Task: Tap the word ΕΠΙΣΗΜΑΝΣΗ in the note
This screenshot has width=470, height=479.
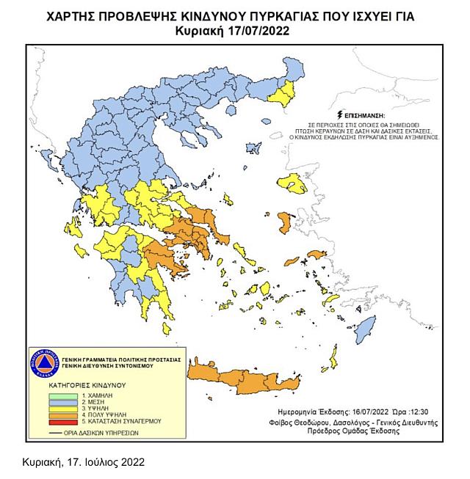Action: coord(362,116)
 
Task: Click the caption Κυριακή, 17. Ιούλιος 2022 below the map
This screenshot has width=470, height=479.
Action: coord(78,463)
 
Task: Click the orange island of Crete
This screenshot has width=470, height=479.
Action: coord(242,378)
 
